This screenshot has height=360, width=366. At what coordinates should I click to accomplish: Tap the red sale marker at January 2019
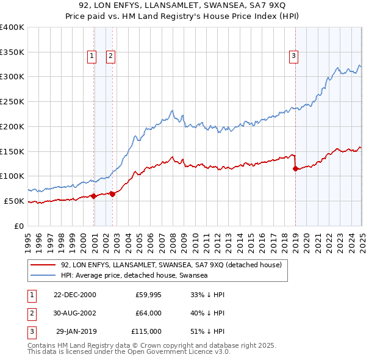pyautogui.click(x=295, y=168)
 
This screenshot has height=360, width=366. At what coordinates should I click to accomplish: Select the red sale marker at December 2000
pyautogui.click(x=93, y=196)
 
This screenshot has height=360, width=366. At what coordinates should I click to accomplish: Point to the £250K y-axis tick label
pyautogui.click(x=12, y=101)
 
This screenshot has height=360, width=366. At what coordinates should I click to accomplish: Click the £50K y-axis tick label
pyautogui.click(x=14, y=201)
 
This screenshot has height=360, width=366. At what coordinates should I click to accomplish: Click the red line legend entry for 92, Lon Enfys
pyautogui.click(x=171, y=265)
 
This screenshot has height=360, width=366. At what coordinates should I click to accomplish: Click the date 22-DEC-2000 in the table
pyautogui.click(x=75, y=295)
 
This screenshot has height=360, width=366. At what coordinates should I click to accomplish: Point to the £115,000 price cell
pyautogui.click(x=146, y=331)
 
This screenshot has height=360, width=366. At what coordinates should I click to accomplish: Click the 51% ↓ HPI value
pyautogui.click(x=207, y=331)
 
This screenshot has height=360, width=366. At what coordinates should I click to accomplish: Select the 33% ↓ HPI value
pyautogui.click(x=207, y=295)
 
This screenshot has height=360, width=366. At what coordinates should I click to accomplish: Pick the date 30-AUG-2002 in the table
pyautogui.click(x=75, y=313)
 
